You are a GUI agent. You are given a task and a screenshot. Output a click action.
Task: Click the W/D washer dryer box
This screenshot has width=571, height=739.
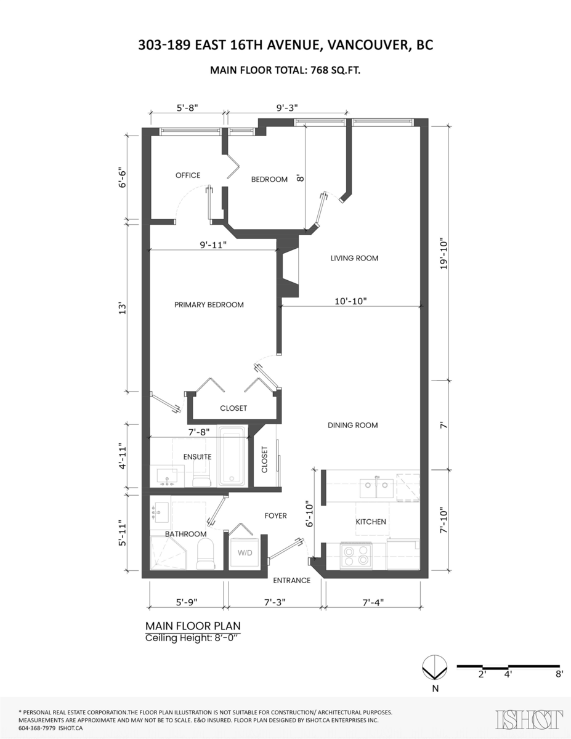pyautogui.click(x=245, y=554)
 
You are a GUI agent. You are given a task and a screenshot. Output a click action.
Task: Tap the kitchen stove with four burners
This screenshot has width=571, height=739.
pyautogui.click(x=355, y=555)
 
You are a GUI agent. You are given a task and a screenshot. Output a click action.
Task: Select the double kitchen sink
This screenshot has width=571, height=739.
pyautogui.click(x=378, y=487)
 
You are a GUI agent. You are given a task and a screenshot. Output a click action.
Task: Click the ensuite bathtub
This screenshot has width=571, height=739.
pyautogui.click(x=233, y=456)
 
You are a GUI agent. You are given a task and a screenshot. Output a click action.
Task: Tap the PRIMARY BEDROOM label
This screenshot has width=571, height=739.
pyautogui.click(x=209, y=305)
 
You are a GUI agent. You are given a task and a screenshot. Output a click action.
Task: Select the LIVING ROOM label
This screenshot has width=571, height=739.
pyautogui.click(x=354, y=258)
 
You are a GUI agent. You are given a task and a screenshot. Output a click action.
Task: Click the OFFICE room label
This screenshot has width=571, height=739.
pyautogui.click(x=188, y=176)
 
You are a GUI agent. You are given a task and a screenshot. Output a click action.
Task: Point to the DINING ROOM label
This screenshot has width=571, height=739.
pyautogui.click(x=352, y=425)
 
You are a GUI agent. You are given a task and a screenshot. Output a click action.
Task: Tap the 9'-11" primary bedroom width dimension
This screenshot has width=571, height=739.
pyautogui.click(x=213, y=244)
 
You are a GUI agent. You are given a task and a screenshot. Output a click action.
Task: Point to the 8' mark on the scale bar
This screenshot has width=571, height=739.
pyautogui.click(x=558, y=674)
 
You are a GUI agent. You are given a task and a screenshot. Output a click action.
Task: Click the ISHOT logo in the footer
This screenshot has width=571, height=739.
pyautogui.click(x=529, y=719)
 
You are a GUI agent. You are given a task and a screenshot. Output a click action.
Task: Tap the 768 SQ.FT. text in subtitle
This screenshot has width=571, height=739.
pyautogui.click(x=330, y=70)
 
